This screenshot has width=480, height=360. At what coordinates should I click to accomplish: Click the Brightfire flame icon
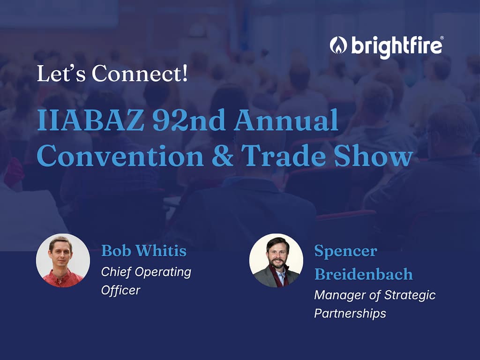pos(338,45)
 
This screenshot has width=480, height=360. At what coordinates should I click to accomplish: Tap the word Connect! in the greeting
pos(140,74)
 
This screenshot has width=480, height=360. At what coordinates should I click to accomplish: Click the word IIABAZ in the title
pos(90,120)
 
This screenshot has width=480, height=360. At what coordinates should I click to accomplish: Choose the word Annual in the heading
pos(286,120)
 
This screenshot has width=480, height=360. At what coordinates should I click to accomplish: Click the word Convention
pos(120,156)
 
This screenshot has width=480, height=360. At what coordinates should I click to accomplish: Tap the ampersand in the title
pos(223,156)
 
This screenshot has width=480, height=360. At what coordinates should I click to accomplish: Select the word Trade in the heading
pos(284,156)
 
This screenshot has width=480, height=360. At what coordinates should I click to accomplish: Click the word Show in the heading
pos(374,156)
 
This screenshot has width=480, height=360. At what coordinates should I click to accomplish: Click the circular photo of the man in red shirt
pos(63,261)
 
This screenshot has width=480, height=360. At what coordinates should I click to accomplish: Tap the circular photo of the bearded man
pos(276,261)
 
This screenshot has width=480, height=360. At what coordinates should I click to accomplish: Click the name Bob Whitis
pos(144,251)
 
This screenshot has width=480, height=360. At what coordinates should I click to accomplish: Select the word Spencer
pos(345,251)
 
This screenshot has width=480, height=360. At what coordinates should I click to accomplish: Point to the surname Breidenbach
pos(364,274)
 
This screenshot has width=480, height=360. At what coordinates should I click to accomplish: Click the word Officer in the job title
pos(120,290)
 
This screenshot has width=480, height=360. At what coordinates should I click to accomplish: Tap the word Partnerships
pos(350,314)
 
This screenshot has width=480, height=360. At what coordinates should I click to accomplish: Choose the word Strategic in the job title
pos(410,295)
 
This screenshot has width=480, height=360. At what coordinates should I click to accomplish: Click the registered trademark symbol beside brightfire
pos(442,37)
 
